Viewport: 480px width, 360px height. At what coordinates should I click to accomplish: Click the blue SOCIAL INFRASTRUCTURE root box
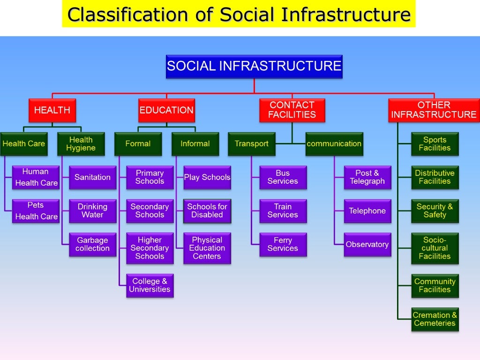[254, 66]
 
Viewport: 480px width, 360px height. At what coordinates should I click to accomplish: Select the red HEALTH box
[52, 110]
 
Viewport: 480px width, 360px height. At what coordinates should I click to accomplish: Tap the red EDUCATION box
[166, 110]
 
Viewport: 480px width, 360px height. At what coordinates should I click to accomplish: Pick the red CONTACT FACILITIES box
[292, 110]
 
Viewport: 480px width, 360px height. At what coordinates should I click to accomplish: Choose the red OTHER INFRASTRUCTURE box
[434, 110]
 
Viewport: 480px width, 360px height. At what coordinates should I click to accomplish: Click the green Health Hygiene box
[81, 144]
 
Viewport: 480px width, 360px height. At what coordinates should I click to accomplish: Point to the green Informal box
[195, 144]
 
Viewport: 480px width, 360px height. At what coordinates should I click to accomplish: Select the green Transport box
[252, 144]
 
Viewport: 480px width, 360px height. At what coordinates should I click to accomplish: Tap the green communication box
[334, 144]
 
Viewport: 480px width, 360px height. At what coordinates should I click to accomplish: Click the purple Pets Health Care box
[36, 211]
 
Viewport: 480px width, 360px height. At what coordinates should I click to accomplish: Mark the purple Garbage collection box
[92, 244]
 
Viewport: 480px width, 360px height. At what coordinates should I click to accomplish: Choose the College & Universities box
[150, 285]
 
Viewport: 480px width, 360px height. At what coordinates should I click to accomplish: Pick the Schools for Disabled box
[207, 211]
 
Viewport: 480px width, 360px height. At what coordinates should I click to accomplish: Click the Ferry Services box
[283, 244]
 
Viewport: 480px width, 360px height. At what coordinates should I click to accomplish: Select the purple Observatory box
[367, 244]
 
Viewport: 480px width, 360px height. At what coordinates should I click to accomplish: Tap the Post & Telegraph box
[367, 177]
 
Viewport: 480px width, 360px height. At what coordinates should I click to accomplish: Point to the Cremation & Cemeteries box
[435, 319]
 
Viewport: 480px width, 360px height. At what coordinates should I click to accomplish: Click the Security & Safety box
[435, 211]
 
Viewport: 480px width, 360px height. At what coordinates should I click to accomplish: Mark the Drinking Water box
[92, 211]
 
